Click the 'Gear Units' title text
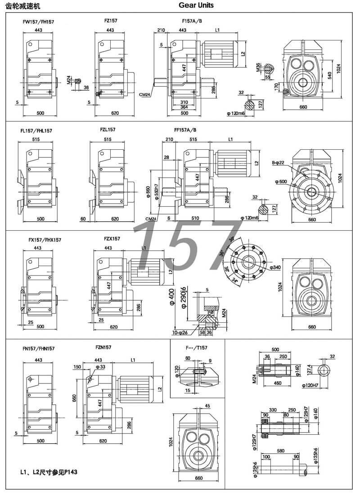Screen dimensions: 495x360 [x=196, y=5]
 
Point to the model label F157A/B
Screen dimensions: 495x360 [x=192, y=21]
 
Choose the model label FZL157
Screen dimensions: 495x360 [x=108, y=129]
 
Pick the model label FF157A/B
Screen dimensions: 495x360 [x=185, y=130]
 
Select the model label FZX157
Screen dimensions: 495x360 [x=112, y=239]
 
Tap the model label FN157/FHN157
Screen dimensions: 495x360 [x=39, y=348]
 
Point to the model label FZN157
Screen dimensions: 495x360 [x=103, y=347]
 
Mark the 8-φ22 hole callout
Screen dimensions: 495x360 [x=279, y=162]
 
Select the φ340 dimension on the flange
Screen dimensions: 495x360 [x=276, y=268]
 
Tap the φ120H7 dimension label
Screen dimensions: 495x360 [x=310, y=385]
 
